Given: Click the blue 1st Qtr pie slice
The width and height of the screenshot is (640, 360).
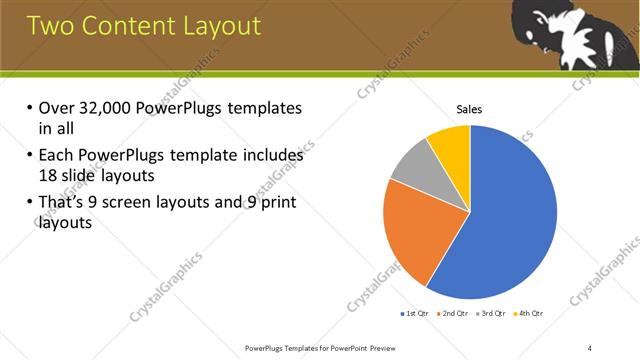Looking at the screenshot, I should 510,220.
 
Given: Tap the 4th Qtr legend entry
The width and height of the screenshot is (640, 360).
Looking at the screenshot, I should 530,314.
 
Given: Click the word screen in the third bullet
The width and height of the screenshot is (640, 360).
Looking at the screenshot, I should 156,204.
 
